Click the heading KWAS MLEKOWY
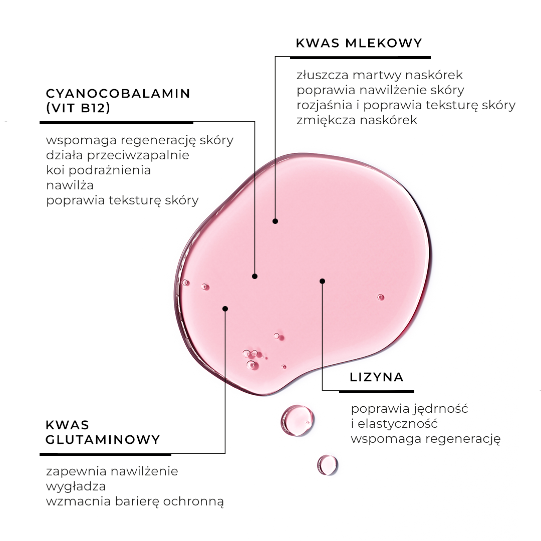point(359,43)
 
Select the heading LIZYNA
point(377,377)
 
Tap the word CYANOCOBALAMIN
point(118,94)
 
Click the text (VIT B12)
point(78,108)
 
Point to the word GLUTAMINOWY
point(103,440)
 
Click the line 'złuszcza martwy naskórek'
point(379,76)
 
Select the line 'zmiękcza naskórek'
point(357,120)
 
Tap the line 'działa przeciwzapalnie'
point(118,155)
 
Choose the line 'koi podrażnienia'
point(98,170)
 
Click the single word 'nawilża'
point(70,185)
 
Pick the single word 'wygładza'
point(76,486)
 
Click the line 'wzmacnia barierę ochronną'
point(134,501)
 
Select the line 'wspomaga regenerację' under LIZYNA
point(426,439)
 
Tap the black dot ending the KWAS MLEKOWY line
point(275,221)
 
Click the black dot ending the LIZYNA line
point(322,281)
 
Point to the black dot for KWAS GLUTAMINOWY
point(225,309)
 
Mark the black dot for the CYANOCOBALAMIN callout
point(254,276)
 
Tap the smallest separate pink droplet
point(327,465)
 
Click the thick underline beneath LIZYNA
point(376,391)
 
